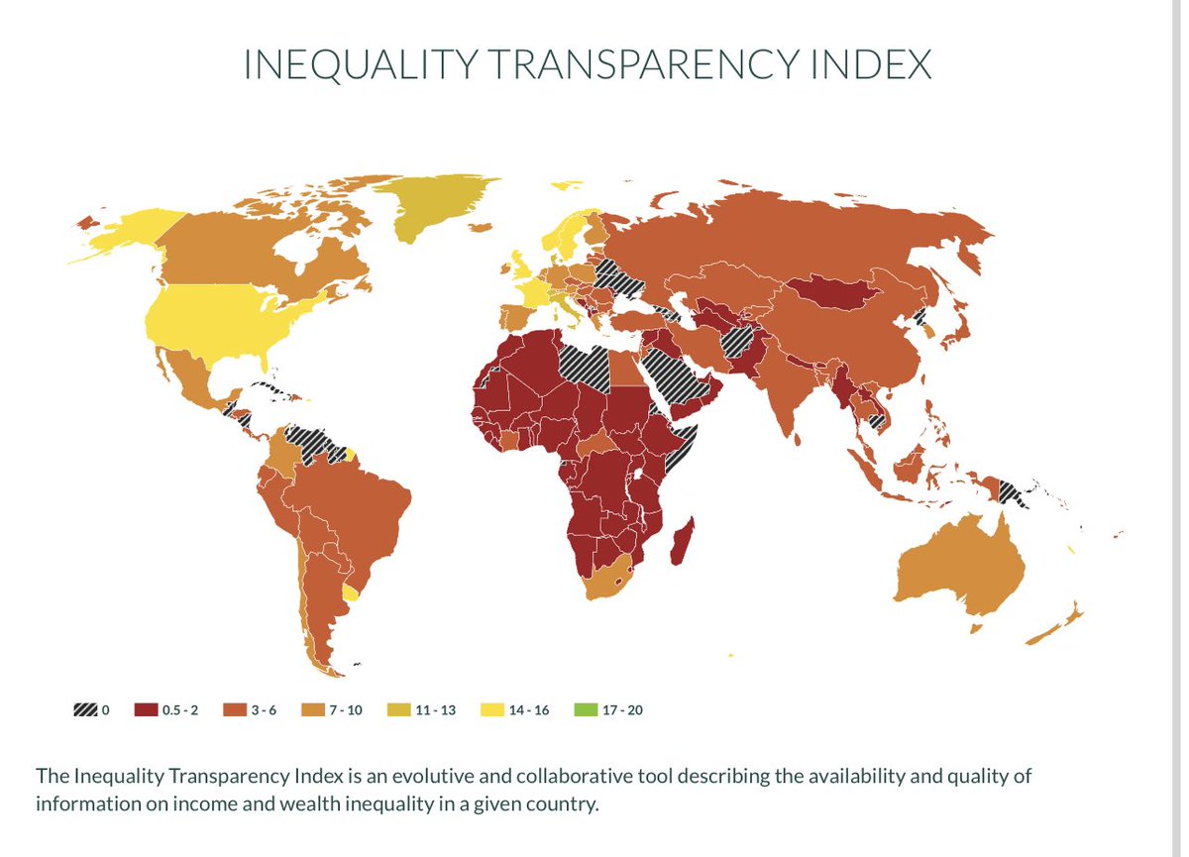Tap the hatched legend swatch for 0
85,710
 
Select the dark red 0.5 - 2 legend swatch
146,710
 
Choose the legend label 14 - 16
528,710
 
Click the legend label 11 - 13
435,710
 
